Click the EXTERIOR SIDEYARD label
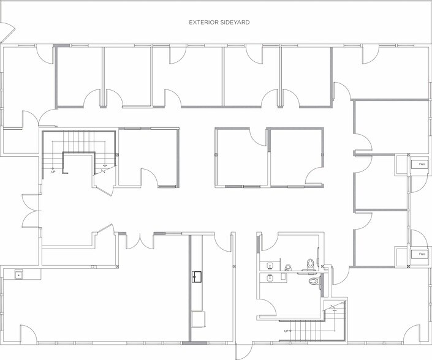[218, 23]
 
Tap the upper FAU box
[421, 163]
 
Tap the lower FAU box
[421, 253]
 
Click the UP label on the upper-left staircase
[53, 171]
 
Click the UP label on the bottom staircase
[286, 331]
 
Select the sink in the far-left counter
[18, 276]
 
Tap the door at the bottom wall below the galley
[245, 350]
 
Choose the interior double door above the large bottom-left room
[141, 241]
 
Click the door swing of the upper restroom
[268, 242]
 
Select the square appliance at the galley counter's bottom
[197, 319]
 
